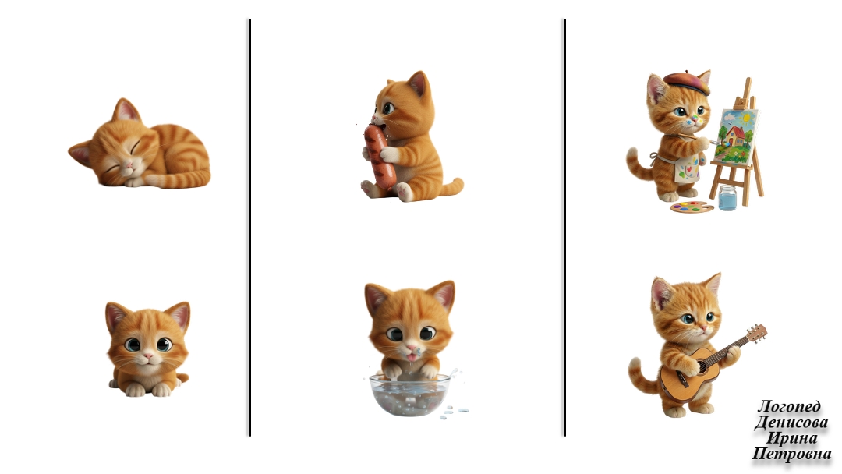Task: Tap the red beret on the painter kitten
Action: click(687, 80)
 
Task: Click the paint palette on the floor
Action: click(692, 207)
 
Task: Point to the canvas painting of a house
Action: click(736, 136)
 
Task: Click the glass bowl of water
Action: click(410, 394)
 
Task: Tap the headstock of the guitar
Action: click(757, 333)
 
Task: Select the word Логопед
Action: click(789, 406)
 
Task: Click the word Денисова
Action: click(791, 423)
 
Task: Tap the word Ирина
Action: click(792, 438)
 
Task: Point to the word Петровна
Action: click(791, 455)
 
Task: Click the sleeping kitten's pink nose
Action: click(129, 164)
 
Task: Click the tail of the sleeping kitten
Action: click(180, 179)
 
